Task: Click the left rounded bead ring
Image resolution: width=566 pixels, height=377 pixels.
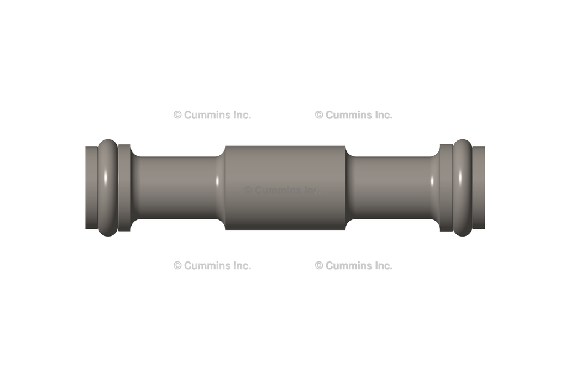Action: click(108, 188)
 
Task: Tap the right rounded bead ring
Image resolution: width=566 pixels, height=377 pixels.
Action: click(462, 188)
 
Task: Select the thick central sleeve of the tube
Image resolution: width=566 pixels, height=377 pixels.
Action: click(285, 188)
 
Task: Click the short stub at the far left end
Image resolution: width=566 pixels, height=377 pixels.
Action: click(91, 188)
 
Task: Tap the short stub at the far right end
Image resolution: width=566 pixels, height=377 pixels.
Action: click(479, 188)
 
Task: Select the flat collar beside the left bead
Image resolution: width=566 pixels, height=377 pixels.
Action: click(124, 188)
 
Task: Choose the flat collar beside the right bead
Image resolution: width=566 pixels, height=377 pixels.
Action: click(446, 188)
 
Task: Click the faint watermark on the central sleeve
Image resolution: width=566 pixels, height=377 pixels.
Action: click(282, 190)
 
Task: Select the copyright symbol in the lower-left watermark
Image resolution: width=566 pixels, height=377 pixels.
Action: click(177, 265)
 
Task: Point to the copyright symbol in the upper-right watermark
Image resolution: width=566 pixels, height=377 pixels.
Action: click(319, 115)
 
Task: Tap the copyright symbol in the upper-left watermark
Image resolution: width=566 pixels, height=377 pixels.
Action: click(177, 115)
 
